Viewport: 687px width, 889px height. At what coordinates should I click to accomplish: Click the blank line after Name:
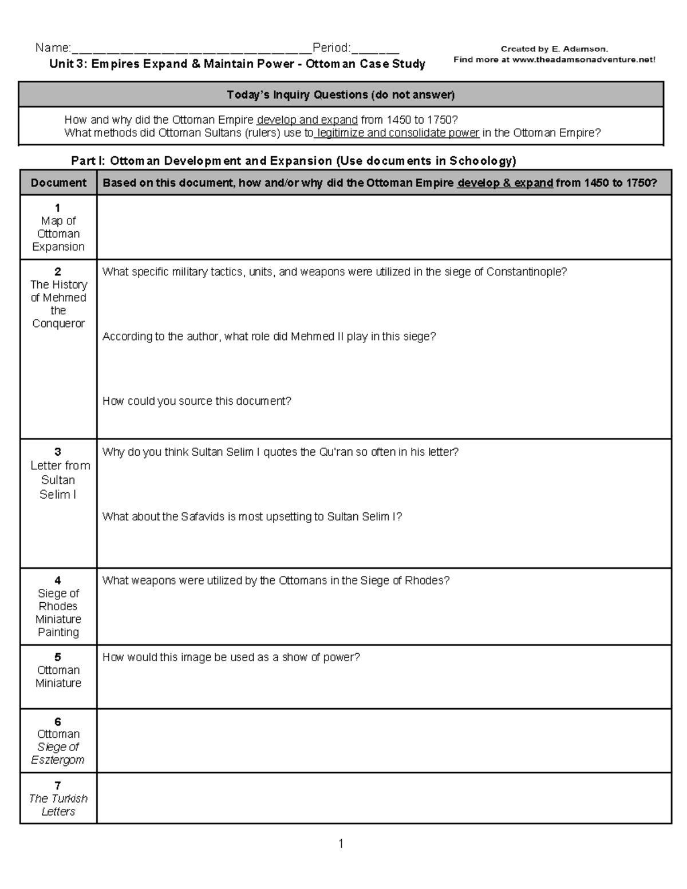[191, 50]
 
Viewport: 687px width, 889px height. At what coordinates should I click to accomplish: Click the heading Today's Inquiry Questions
[341, 94]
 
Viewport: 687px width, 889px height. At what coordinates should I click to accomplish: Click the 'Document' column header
[58, 183]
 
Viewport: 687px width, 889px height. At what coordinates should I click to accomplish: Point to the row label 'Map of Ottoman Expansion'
[58, 234]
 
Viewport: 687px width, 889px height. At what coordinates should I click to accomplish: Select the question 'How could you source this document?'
[196, 401]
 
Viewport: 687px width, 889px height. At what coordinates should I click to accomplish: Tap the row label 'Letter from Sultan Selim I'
[58, 480]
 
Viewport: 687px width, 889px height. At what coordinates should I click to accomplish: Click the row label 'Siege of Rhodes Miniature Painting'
[58, 613]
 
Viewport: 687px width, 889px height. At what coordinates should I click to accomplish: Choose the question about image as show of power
[231, 657]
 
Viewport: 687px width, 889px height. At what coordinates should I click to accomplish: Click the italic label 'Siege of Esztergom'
[58, 753]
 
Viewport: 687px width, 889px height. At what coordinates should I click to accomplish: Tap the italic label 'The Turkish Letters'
[58, 805]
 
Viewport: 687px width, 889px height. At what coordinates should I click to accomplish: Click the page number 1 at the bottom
[341, 843]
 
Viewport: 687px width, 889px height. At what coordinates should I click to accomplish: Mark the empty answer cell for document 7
[384, 798]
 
